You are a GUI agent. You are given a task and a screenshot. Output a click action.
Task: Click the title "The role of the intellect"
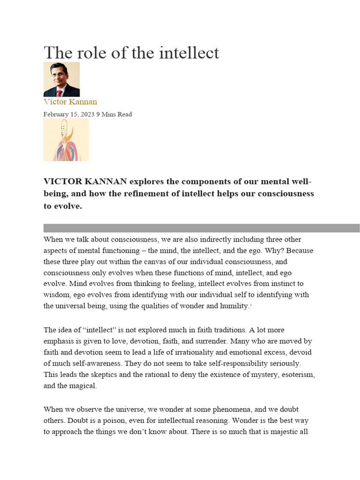coord(131,52)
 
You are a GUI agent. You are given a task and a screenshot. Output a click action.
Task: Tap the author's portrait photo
coord(61,79)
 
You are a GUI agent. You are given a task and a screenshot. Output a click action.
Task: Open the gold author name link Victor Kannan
coord(70,102)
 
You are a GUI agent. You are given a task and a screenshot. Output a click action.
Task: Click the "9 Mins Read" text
coord(114,114)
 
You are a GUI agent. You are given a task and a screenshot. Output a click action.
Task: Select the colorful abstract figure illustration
coord(66,140)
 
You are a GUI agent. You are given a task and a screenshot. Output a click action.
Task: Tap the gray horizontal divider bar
coord(202,228)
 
